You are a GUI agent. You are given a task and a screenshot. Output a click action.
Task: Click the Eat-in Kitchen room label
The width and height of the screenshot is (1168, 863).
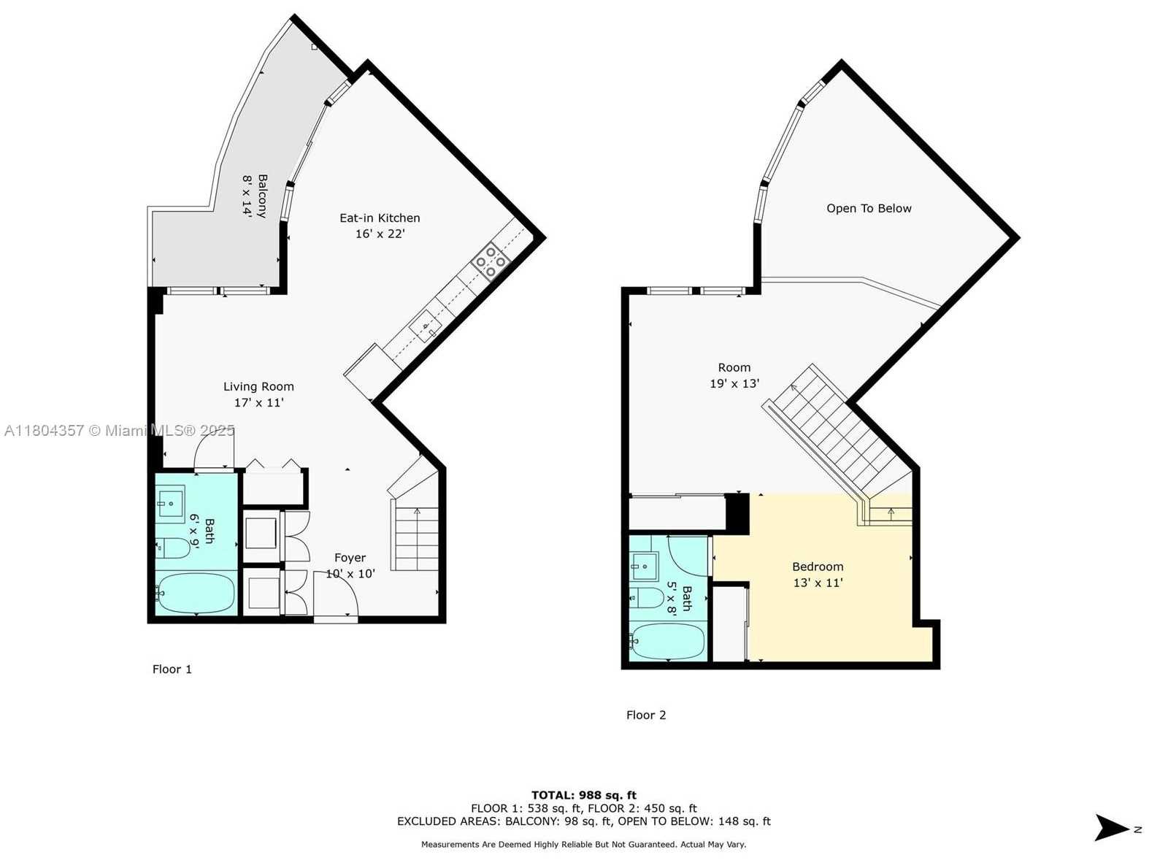click(379, 226)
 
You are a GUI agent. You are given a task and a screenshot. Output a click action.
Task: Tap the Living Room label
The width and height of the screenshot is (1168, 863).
click(258, 394)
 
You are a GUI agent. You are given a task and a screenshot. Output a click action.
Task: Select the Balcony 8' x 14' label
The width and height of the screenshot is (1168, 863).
click(254, 196)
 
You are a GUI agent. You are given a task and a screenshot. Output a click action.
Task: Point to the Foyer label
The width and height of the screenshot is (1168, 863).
click(350, 565)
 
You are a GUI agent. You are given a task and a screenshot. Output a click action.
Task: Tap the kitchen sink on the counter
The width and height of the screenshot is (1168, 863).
click(425, 325)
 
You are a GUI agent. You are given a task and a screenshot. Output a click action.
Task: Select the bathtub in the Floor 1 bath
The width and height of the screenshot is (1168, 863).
click(196, 594)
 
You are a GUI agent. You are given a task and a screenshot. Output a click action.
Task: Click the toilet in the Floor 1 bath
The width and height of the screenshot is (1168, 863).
click(173, 548)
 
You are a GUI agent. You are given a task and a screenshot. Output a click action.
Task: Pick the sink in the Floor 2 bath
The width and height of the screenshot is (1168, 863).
click(644, 567)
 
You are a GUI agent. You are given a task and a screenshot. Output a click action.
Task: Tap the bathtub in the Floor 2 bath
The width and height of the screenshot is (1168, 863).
click(667, 641)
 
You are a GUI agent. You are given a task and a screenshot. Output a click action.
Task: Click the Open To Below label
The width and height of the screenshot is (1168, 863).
click(869, 209)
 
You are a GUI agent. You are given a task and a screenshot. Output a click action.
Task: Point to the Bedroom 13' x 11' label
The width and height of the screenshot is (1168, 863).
click(818, 575)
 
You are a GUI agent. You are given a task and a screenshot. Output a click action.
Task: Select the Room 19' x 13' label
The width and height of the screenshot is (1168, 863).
click(734, 375)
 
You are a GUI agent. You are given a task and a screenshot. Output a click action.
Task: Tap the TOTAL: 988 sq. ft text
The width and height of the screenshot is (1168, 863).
click(583, 795)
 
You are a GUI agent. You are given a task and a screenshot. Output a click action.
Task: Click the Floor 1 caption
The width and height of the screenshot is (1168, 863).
click(172, 669)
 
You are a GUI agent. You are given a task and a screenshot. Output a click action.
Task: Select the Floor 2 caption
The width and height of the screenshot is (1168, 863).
click(646, 715)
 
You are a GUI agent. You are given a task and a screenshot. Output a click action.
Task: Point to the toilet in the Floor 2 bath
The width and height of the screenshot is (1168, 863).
click(646, 597)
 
